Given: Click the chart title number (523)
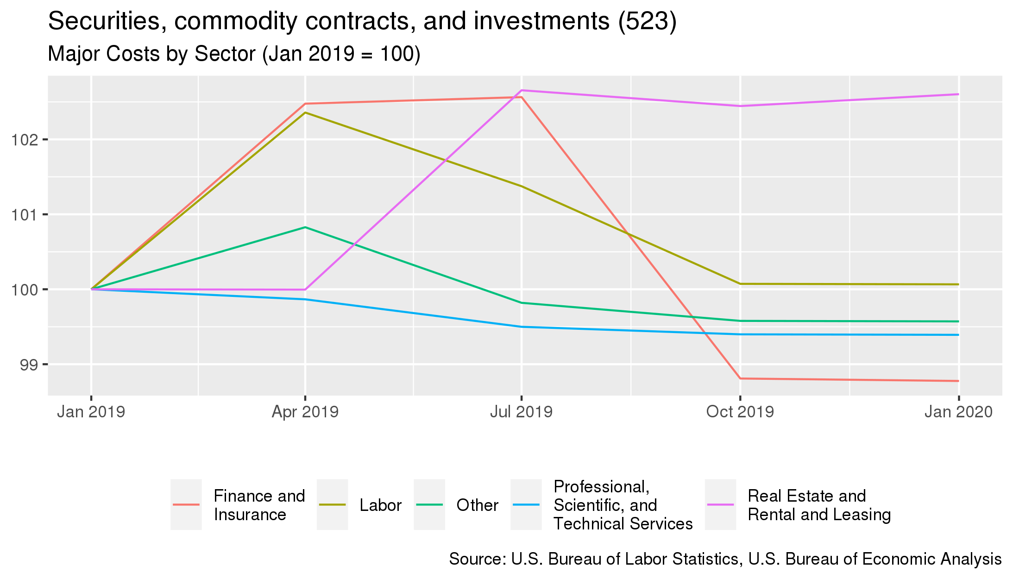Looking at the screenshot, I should [647, 21].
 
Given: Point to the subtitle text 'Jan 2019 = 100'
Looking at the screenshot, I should [341, 54].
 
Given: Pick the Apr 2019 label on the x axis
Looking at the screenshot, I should [305, 412].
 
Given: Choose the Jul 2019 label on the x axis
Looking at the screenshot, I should [521, 412].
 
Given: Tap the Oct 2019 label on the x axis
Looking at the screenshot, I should [740, 412].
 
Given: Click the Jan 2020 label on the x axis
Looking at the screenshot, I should [958, 412].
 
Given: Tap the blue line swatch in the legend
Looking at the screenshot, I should [526, 504].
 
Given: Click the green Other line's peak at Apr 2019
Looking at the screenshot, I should [305, 227].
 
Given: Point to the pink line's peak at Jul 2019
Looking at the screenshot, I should [522, 90].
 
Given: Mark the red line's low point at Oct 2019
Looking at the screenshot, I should [740, 378].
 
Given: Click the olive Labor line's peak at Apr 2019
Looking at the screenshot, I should [305, 113].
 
